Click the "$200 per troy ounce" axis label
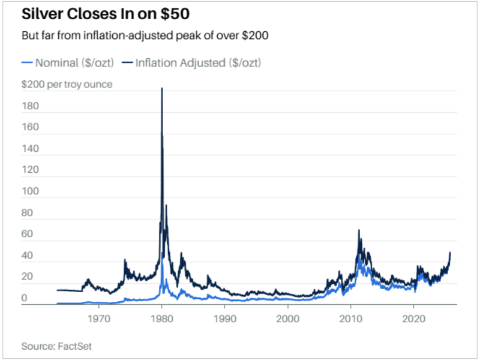point(67,85)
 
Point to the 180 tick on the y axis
point(31,106)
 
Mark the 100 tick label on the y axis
point(31,192)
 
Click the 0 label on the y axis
point(25,298)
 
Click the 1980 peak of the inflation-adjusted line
point(161,89)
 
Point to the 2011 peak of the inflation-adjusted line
point(359,230)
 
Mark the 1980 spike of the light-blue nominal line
point(162,259)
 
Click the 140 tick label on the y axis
point(31,149)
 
